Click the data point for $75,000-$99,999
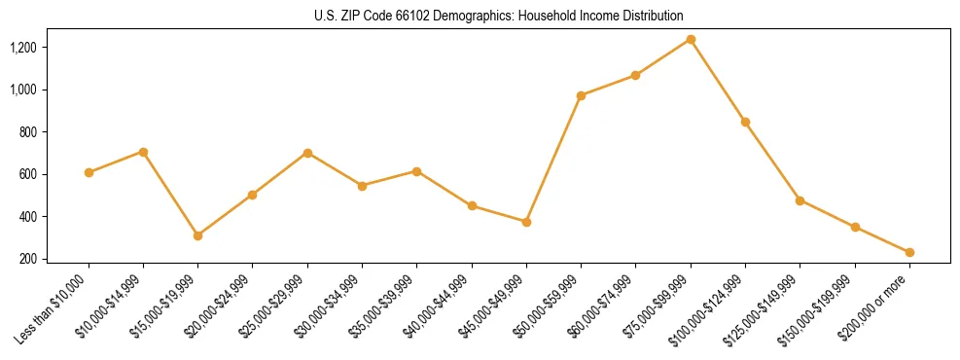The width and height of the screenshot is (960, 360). point(691,40)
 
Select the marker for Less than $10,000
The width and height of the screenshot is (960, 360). point(89,172)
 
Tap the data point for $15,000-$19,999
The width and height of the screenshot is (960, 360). point(197,235)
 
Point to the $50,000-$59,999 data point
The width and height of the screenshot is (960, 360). point(581,95)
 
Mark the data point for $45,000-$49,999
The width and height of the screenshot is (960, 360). point(526,222)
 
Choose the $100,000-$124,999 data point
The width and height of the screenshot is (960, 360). point(745,122)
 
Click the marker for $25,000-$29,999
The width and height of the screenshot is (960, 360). point(307,153)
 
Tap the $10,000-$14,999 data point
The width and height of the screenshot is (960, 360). point(143,152)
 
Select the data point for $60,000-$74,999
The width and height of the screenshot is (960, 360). point(635,75)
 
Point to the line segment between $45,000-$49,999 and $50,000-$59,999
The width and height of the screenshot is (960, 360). point(553,159)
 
